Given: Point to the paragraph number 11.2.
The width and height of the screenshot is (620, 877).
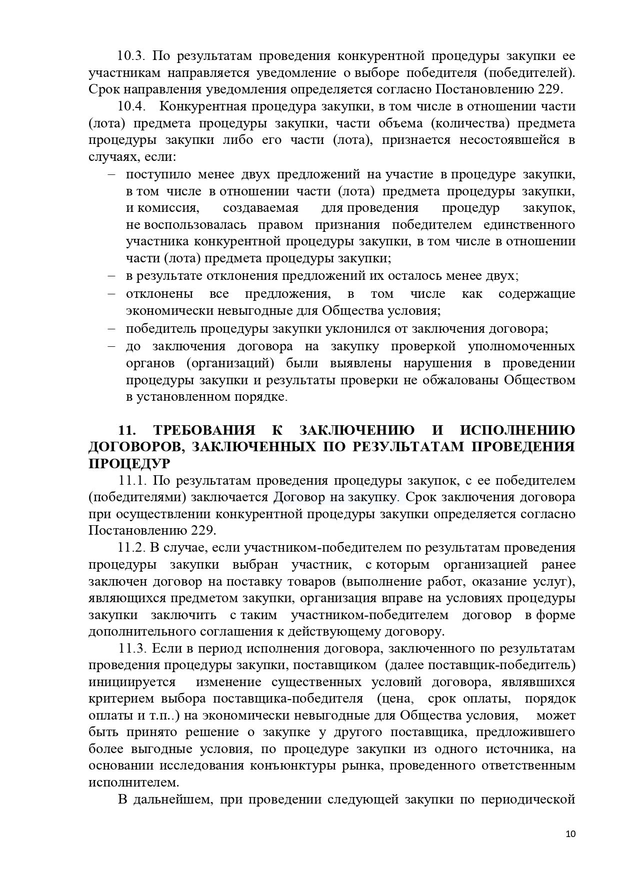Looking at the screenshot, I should pos(131,548).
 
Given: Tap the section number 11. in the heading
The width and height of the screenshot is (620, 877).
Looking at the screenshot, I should pos(127,430).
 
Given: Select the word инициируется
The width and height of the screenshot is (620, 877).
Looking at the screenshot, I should pos(132,682).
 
